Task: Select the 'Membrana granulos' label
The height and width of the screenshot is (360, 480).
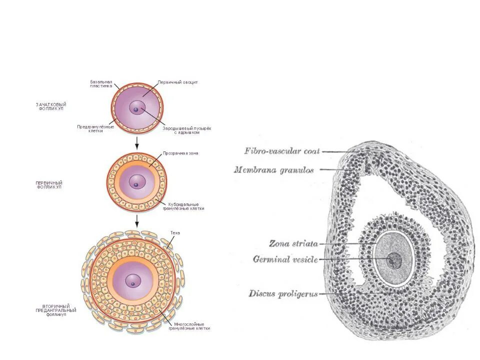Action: [x=273, y=170]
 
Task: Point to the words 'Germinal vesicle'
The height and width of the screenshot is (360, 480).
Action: [x=285, y=259]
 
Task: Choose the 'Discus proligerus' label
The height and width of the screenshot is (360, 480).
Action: [x=283, y=294]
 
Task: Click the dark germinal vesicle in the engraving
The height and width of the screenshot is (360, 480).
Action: [x=395, y=260]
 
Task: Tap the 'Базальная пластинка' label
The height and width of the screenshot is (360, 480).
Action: [x=101, y=83]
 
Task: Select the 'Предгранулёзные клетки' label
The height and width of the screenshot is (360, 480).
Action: [x=95, y=128]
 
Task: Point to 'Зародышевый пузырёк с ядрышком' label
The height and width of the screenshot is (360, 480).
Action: [x=186, y=130]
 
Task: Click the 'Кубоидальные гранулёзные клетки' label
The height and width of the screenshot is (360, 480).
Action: [x=183, y=206]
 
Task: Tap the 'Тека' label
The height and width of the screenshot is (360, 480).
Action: [x=174, y=233]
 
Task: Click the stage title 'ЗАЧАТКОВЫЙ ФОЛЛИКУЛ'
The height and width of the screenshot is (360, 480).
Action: [x=51, y=106]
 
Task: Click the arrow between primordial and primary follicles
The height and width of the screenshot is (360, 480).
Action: [x=136, y=143]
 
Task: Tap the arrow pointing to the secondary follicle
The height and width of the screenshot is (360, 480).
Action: [x=136, y=221]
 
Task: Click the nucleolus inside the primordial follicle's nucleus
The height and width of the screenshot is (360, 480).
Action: [x=135, y=110]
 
